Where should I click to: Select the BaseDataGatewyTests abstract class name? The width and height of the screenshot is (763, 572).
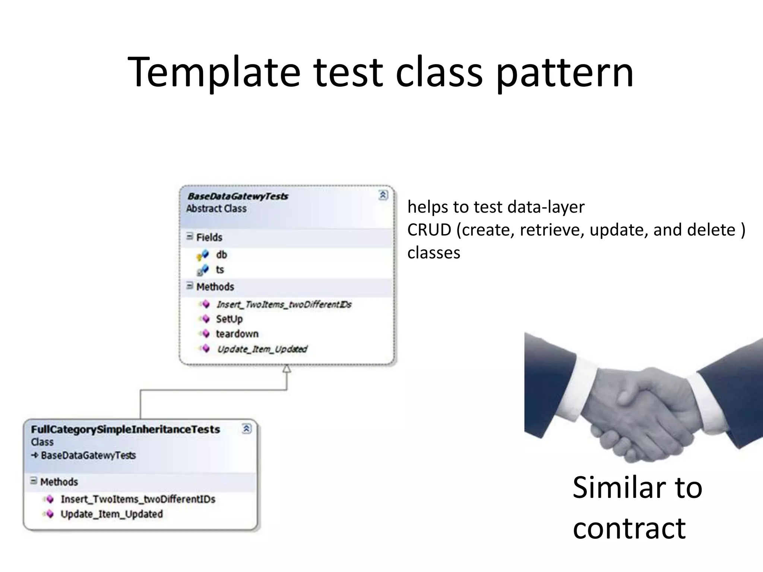(x=237, y=196)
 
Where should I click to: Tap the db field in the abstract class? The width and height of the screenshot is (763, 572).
(x=221, y=255)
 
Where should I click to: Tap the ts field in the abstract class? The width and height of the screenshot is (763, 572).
(x=220, y=270)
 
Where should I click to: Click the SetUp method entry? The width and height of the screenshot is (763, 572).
(x=229, y=319)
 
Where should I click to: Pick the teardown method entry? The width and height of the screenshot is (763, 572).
(x=237, y=334)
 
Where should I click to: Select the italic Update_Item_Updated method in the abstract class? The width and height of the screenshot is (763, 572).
(x=262, y=349)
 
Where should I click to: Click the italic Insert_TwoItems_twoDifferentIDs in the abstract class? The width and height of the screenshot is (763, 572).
(x=284, y=305)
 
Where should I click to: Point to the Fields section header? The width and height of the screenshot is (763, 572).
(x=209, y=237)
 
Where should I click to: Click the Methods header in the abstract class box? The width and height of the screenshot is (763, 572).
(x=215, y=287)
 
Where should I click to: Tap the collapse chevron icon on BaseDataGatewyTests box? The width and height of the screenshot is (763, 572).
(x=383, y=195)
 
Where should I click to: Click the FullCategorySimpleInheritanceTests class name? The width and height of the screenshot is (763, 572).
(x=126, y=429)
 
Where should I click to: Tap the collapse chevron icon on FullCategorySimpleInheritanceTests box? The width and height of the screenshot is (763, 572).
(x=247, y=429)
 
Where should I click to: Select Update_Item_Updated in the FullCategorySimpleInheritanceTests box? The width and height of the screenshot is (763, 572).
(x=111, y=514)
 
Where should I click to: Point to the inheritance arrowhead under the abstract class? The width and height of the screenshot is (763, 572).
(x=286, y=369)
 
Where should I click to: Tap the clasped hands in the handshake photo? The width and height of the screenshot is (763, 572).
(x=641, y=413)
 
